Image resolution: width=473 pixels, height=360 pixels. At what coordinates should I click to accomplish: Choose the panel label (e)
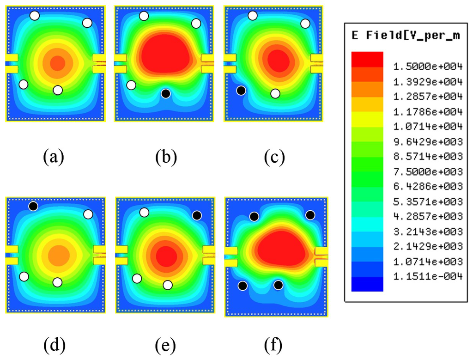(x=166, y=345)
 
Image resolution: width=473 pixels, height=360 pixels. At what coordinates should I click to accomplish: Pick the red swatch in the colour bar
(x=367, y=60)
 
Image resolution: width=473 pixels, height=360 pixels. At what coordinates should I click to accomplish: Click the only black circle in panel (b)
(x=166, y=94)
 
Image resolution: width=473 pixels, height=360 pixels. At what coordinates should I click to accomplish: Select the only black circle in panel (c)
(x=241, y=91)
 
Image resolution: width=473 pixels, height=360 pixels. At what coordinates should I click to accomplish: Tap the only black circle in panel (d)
(x=33, y=206)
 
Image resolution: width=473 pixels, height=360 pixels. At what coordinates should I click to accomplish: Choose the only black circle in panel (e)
(x=197, y=215)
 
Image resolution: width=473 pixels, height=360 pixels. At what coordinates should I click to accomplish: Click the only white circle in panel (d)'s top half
(x=88, y=214)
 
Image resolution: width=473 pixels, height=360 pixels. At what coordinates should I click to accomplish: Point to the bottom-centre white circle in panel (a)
(x=58, y=90)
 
